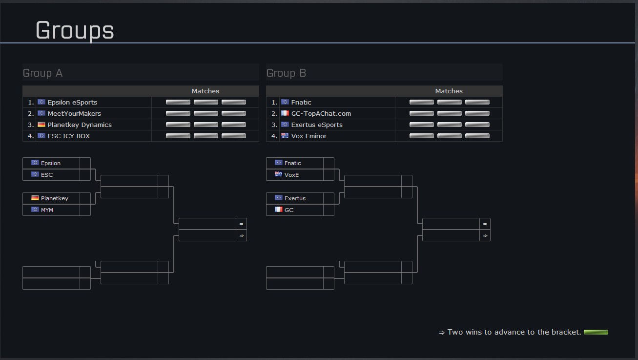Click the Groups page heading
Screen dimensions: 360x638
75,30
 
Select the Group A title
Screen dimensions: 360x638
43,73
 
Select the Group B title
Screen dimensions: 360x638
286,73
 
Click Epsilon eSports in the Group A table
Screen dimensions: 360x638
72,102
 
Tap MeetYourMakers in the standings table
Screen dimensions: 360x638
74,113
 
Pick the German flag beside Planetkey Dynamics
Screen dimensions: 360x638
41,125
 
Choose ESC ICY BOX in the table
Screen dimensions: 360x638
69,136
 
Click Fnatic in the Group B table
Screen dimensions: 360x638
301,102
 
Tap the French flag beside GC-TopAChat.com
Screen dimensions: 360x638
285,113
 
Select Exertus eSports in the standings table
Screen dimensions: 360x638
317,125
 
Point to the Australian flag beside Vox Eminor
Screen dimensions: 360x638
285,136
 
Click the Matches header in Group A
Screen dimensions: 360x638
205,91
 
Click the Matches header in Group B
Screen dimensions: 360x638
449,91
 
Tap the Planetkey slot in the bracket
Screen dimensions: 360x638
54,198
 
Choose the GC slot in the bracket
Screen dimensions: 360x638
289,210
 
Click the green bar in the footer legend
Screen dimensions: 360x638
596,332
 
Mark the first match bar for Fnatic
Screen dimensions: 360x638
421,102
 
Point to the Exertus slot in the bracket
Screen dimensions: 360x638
295,198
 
